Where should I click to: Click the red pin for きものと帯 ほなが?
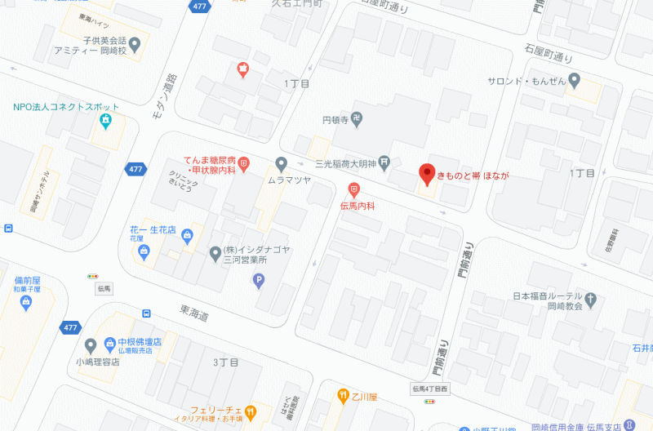425,174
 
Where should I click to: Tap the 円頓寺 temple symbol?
356,119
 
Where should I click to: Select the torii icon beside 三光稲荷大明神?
385,162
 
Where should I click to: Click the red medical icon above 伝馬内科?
353,189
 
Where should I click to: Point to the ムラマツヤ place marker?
281,162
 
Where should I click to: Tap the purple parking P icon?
259,281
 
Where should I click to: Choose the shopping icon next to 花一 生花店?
187,236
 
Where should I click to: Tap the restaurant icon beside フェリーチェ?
251,411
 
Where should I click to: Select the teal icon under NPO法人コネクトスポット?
105,122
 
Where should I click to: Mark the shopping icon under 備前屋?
26,303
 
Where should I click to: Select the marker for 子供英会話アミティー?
134,42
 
